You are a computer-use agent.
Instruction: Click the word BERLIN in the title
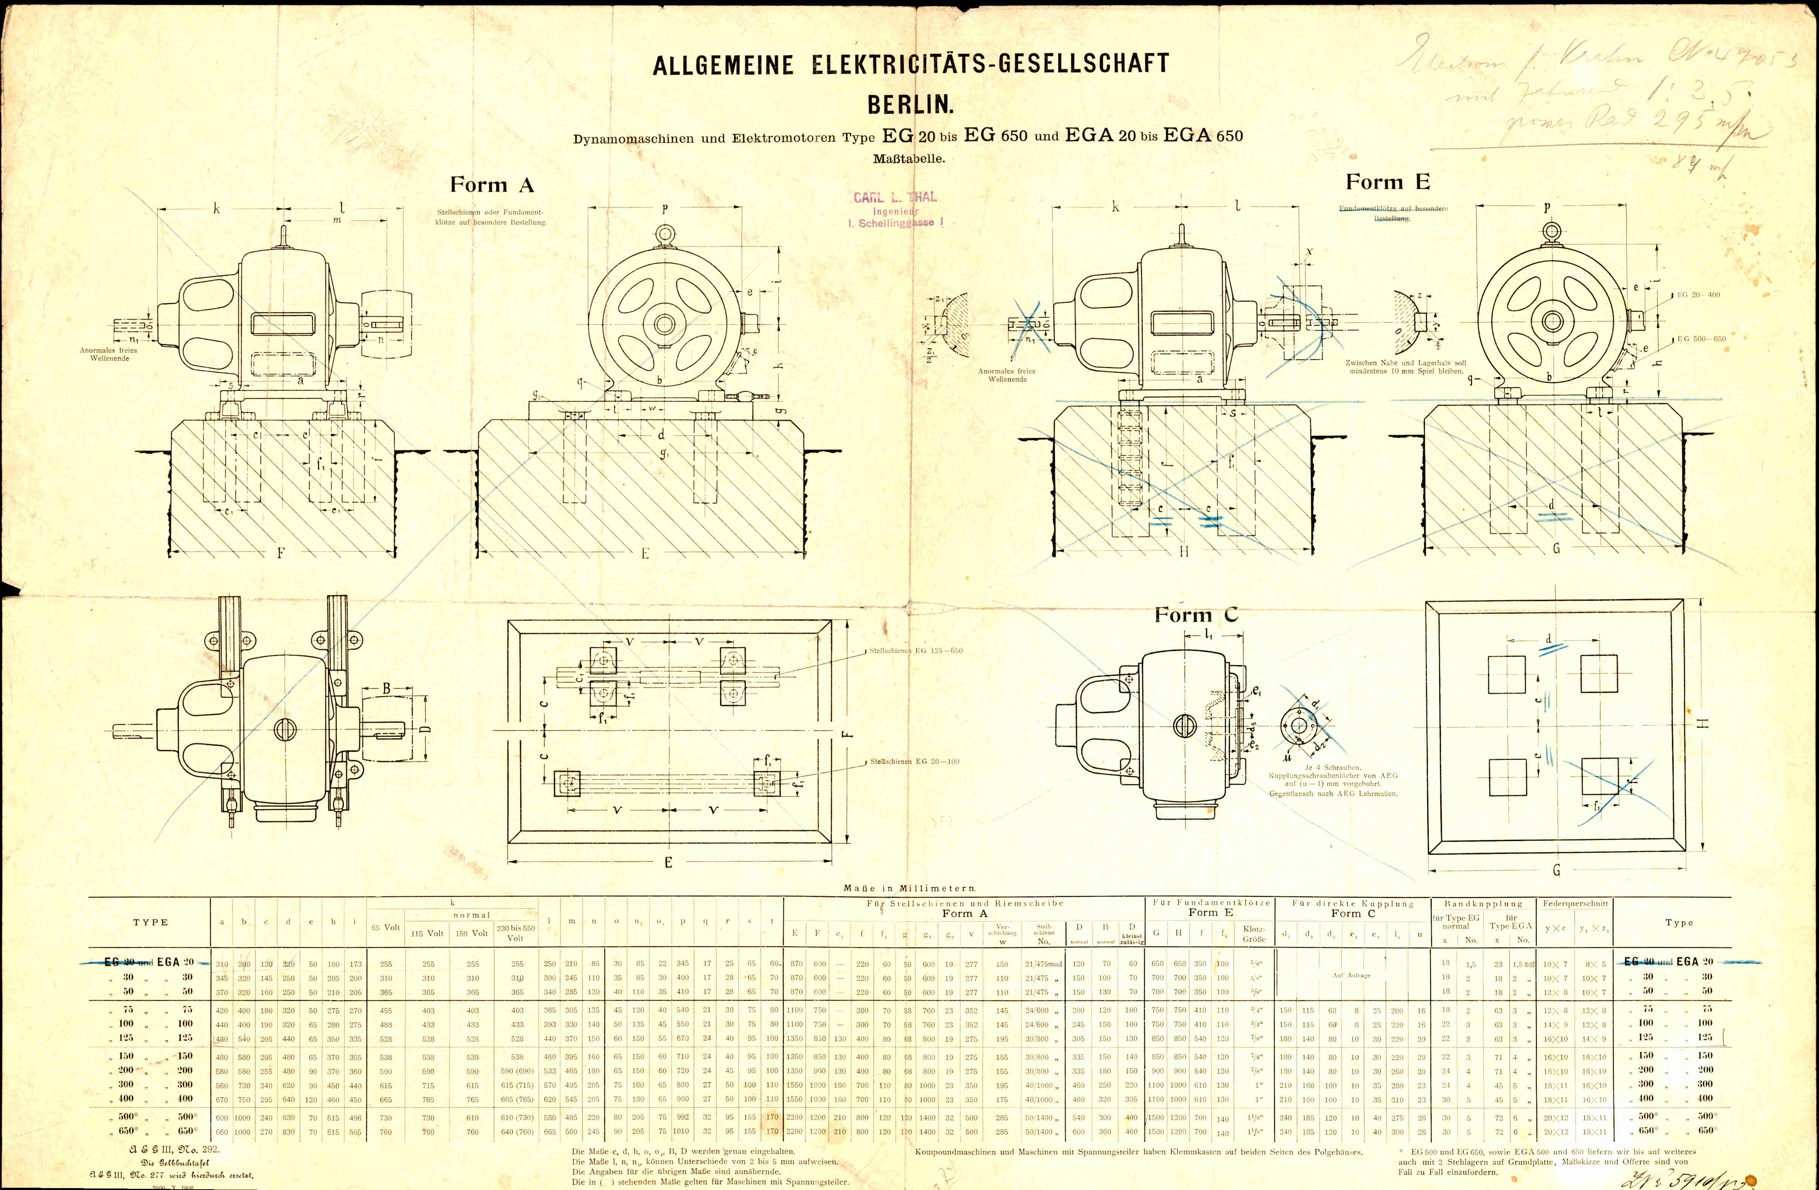point(909,104)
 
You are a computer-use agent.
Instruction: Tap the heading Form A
point(492,185)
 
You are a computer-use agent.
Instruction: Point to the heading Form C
point(1196,615)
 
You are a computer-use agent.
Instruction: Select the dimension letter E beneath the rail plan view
point(668,862)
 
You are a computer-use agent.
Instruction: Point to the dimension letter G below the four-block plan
point(1556,870)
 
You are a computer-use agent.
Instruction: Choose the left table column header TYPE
point(150,923)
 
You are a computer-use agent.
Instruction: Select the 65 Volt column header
point(386,927)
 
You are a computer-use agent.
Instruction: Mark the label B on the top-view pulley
point(387,689)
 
